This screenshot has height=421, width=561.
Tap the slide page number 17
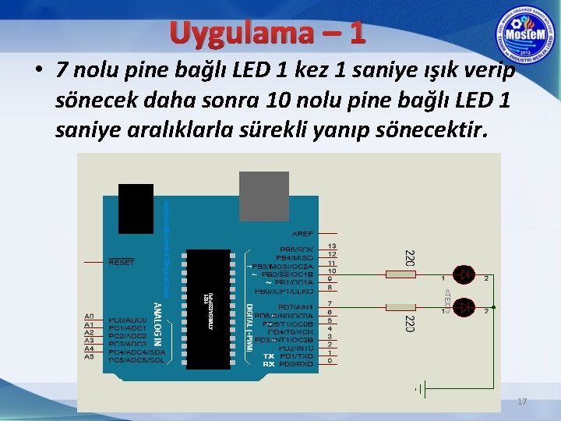[x=522, y=402]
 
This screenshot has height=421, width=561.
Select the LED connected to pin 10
[x=465, y=274]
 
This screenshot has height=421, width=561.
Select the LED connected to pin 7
[x=465, y=306]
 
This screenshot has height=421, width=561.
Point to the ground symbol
[x=418, y=387]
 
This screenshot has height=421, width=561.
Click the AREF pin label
[x=302, y=233]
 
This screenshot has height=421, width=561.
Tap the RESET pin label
[x=121, y=263]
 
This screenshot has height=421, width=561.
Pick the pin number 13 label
[x=332, y=246]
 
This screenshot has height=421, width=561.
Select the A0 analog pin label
[x=89, y=317]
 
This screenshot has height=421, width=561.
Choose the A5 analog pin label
[x=89, y=356]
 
